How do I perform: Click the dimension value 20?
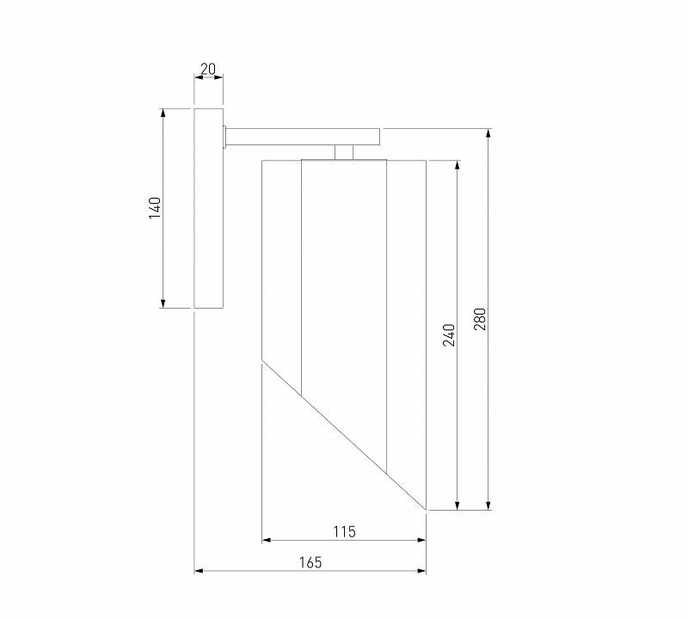point(208,69)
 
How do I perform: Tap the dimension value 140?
point(155,208)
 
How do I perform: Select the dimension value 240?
point(449,334)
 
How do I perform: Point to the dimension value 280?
point(481,319)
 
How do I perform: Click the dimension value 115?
point(344,531)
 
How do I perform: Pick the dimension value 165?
point(310,562)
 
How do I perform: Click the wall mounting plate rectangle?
point(209,208)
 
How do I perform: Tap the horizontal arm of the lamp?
point(303,137)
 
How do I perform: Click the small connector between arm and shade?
point(344,153)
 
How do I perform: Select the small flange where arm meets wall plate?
point(224,137)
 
